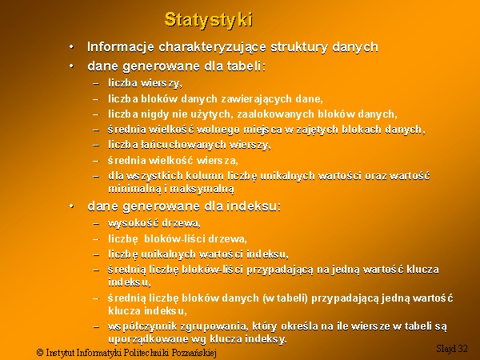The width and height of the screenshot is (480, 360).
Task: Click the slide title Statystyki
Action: tap(209, 20)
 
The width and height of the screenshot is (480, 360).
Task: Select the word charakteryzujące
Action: tap(213, 47)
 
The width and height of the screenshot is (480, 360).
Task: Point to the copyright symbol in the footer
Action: tap(40, 352)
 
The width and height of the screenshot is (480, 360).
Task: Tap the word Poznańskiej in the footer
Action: tap(194, 353)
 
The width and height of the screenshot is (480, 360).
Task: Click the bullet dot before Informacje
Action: tap(71, 47)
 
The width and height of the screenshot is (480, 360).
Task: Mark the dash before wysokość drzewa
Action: tap(96, 224)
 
